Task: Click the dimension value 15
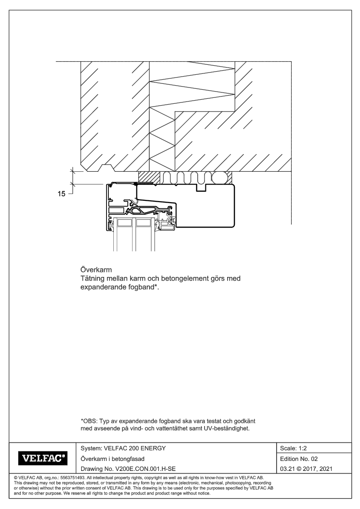coord(60,194)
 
